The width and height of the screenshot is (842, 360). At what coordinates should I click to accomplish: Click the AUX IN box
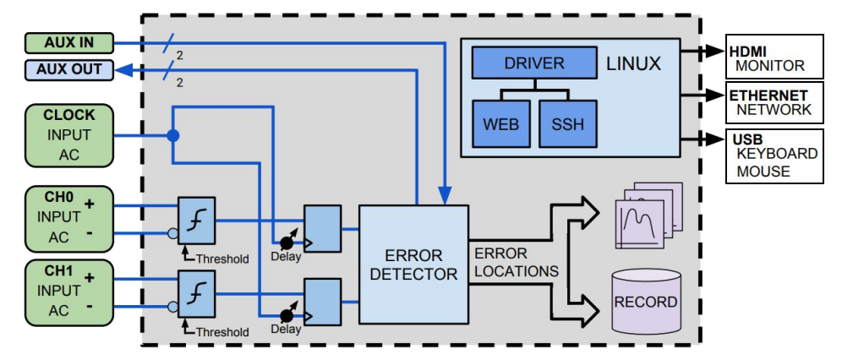pyautogui.click(x=68, y=41)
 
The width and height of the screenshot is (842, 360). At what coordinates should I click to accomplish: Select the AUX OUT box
pyautogui.click(x=68, y=69)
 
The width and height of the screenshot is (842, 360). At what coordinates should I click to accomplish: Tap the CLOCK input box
pyautogui.click(x=68, y=134)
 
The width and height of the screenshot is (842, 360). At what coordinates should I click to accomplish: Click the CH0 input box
pyautogui.click(x=68, y=218)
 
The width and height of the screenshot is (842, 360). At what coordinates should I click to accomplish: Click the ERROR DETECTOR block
pyautogui.click(x=413, y=264)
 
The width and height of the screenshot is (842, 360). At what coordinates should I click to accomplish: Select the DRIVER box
pyautogui.click(x=533, y=63)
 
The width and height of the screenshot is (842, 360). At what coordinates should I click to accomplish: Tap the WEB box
pyautogui.click(x=500, y=123)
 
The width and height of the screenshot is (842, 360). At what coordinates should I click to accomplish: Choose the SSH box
pyautogui.click(x=567, y=123)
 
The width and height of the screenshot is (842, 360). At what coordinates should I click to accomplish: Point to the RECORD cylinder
pyautogui.click(x=645, y=301)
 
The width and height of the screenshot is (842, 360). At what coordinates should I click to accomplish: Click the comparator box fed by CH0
pyautogui.click(x=196, y=219)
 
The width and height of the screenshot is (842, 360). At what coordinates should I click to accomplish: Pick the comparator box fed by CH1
pyautogui.click(x=196, y=292)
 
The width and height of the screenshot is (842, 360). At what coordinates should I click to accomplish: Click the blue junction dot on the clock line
pyautogui.click(x=172, y=135)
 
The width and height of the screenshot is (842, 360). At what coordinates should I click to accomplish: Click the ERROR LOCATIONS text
pyautogui.click(x=516, y=262)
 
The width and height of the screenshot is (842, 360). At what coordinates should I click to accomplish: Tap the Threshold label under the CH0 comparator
pyautogui.click(x=221, y=259)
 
